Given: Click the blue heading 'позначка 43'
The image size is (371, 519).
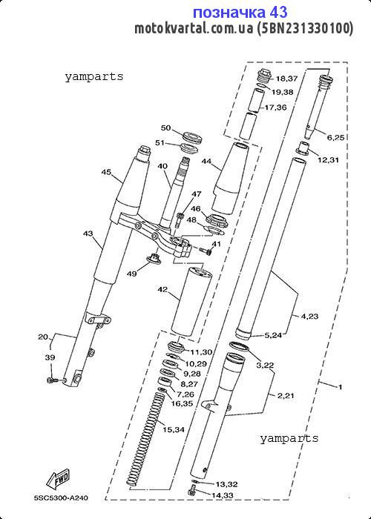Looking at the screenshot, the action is [240, 13].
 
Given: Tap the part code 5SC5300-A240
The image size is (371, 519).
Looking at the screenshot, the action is [62, 497].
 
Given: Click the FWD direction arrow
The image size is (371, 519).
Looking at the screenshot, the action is [58, 479].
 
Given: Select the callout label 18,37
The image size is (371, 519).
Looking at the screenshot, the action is [287, 79].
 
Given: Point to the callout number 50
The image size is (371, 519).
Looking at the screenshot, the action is [165, 128].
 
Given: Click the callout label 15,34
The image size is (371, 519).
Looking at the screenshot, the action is [173, 429].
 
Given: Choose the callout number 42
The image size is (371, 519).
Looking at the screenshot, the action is [162, 290].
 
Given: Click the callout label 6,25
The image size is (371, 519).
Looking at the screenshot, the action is [335, 138].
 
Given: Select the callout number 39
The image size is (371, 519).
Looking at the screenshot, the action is [50, 357].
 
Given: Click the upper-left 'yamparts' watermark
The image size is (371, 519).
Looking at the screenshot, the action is [93, 77].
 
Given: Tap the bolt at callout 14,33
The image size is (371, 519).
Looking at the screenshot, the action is [192, 490].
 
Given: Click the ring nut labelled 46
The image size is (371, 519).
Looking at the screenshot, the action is [216, 220].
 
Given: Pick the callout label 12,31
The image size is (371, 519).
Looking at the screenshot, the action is [329, 160].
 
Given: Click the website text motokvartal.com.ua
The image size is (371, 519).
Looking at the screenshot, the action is [194, 29].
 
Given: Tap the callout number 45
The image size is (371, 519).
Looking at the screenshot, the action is [106, 172].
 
